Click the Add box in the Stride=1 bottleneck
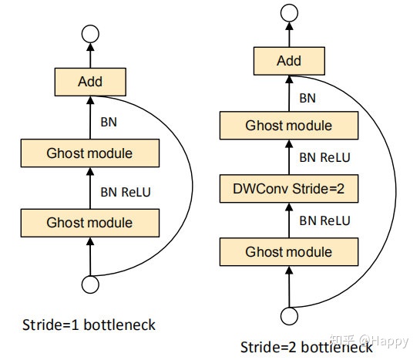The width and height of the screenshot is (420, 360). click(90, 80)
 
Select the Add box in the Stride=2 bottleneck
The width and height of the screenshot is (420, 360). click(289, 59)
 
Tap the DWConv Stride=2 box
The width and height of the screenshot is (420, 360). click(288, 187)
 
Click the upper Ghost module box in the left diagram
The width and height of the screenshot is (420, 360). click(90, 153)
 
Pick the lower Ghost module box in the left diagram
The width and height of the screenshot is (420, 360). click(90, 223)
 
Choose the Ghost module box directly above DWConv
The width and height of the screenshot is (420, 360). click(288, 125)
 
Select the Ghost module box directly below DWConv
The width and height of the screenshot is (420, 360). click(288, 251)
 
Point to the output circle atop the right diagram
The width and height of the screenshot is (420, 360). click(288, 13)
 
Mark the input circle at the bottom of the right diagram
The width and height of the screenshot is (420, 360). click(289, 315)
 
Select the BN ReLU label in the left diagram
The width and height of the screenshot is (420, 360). click(126, 190)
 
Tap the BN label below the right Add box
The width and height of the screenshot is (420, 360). click(307, 97)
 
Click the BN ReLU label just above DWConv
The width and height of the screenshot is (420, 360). click(324, 157)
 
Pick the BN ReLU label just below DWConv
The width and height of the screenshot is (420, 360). click(324, 220)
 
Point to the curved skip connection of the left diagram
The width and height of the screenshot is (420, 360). click(186, 185)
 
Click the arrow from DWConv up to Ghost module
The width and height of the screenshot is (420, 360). click(288, 156)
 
